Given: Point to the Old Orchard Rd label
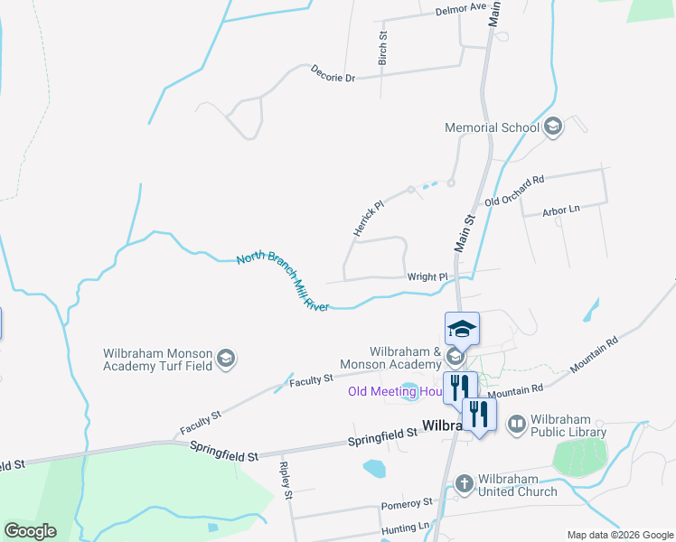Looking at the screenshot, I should click(x=514, y=191).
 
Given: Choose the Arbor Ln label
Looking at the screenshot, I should click(x=560, y=210).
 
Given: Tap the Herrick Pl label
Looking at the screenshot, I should click(x=369, y=220).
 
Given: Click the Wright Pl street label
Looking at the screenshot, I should click(x=427, y=276).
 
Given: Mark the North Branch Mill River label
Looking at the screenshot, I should click(x=281, y=282).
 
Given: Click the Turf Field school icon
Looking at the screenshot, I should click(x=226, y=360).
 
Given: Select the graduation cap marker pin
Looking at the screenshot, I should click(x=462, y=329).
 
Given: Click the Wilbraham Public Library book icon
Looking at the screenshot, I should click(x=517, y=423).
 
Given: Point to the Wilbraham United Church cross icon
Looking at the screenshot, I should click(x=465, y=484).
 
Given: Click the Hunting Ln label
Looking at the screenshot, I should click(x=407, y=527).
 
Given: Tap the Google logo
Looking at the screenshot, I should click(x=30, y=531).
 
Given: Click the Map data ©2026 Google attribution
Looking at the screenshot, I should click(x=619, y=535).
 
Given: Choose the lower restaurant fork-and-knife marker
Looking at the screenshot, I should click(x=479, y=416).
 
